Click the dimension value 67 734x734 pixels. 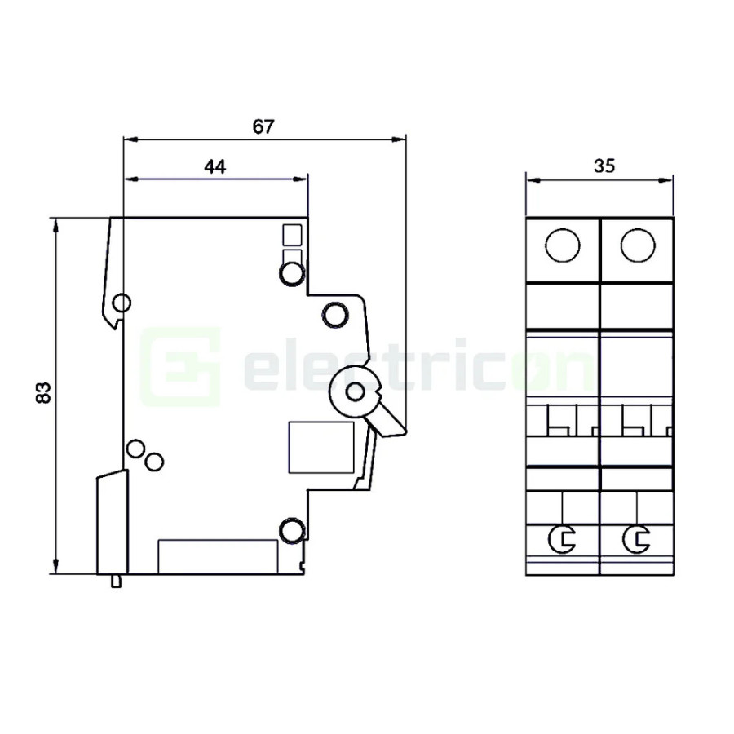point(263,126)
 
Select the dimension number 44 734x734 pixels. point(214,166)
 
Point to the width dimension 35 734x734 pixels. point(604,166)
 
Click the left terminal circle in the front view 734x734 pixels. point(563,245)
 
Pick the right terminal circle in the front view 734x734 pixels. point(637,245)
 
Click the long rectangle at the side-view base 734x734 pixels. point(217,556)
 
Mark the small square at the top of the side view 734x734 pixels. point(291,235)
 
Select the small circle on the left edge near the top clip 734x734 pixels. point(121,304)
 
